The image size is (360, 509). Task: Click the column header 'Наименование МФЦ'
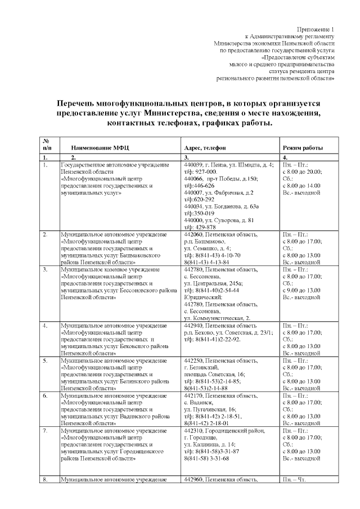pos(100,147)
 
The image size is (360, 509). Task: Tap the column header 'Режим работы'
pos(302,147)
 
